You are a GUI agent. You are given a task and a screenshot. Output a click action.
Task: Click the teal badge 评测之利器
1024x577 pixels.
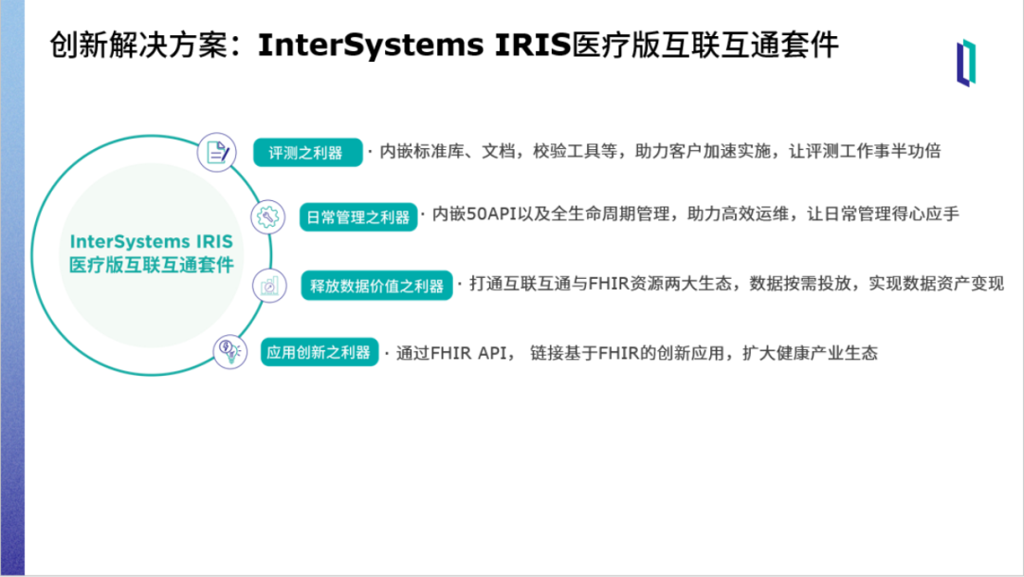(307, 152)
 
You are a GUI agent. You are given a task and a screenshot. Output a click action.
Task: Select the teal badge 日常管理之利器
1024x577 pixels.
(357, 217)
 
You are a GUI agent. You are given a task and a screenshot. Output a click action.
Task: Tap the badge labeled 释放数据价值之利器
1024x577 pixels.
(376, 286)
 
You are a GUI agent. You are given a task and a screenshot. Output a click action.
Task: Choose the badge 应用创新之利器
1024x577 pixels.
(320, 352)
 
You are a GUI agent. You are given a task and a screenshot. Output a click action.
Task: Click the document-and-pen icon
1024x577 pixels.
(217, 152)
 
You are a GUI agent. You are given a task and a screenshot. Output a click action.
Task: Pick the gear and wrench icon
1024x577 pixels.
(267, 216)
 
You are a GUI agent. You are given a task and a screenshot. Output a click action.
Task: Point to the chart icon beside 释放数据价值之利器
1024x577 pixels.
(269, 286)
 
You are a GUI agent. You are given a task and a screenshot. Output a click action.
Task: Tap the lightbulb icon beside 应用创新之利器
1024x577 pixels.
(229, 351)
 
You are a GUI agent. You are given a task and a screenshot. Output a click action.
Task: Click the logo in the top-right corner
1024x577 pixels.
(966, 63)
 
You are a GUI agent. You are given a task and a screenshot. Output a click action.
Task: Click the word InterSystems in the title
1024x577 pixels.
(371, 46)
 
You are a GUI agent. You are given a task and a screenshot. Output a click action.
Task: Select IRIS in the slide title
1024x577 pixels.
(533, 46)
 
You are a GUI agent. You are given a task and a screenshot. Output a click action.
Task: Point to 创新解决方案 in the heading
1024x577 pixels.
(139, 46)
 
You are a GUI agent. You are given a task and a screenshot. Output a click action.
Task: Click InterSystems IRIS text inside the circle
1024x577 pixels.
(152, 242)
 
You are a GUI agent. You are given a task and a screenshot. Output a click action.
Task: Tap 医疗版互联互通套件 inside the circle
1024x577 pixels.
(152, 266)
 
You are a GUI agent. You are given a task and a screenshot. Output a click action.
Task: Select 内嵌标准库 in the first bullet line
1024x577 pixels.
(422, 151)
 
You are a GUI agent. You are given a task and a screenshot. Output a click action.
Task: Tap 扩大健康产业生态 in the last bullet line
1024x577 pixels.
(811, 353)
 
